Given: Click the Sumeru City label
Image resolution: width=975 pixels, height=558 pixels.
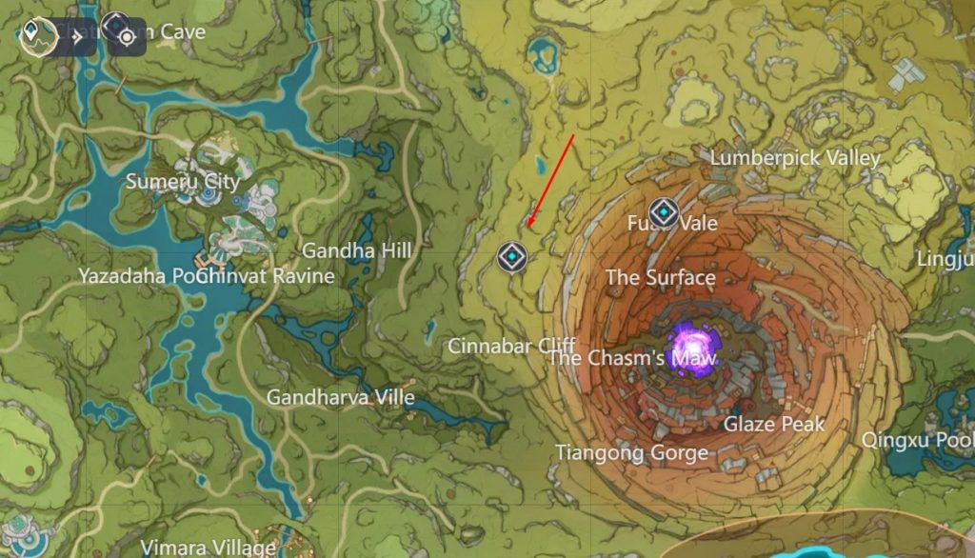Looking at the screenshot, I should click(x=183, y=181).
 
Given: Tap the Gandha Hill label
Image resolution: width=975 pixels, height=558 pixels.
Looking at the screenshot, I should click(x=356, y=250).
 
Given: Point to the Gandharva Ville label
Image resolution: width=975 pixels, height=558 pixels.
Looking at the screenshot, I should click(x=340, y=397).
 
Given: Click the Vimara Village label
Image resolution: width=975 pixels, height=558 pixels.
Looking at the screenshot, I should click(x=208, y=548).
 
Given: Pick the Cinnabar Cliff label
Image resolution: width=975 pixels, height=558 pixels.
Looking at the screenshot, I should click(x=504, y=346).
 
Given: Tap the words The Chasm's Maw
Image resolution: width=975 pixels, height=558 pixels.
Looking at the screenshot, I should click(x=631, y=358).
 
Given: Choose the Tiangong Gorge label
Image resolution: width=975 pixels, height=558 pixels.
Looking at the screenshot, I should click(x=631, y=452).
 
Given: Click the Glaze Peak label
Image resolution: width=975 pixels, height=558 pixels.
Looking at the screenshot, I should click(x=774, y=424).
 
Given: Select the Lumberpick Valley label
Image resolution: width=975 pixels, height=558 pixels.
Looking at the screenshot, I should click(x=795, y=158).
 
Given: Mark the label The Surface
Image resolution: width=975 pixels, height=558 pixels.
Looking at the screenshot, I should click(x=660, y=277).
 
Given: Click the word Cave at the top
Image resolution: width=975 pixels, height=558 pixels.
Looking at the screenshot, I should click(x=182, y=31).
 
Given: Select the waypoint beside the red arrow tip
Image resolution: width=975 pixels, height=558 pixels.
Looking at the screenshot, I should click(x=511, y=256).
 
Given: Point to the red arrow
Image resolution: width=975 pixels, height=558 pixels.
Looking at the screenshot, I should click(x=550, y=181).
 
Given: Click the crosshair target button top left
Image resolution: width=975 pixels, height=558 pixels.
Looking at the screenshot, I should click(x=126, y=36).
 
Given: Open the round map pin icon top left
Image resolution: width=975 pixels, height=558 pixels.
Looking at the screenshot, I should click(x=35, y=36).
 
